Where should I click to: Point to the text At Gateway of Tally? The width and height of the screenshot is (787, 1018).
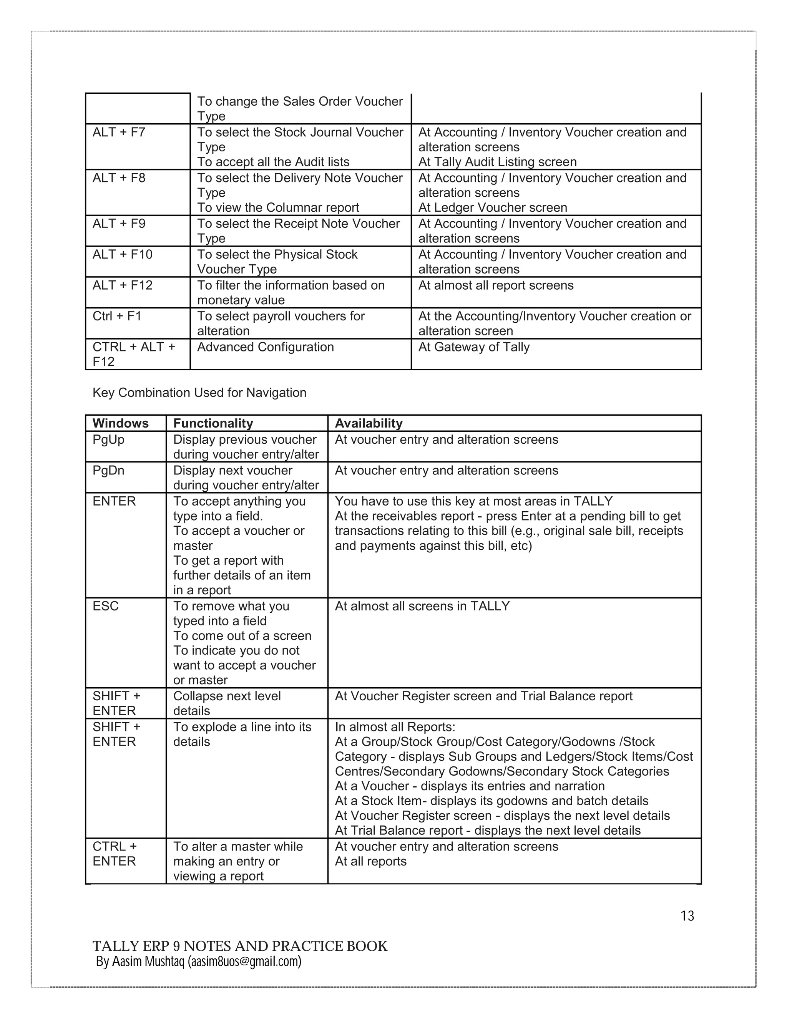point(474,347)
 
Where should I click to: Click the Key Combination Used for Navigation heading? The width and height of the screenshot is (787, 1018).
point(199,393)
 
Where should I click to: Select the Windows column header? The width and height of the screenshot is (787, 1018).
point(120,423)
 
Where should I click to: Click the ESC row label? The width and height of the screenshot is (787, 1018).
point(105,606)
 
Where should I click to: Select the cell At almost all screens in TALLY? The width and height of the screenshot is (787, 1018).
point(422,606)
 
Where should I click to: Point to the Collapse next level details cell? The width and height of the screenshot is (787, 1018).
point(227,703)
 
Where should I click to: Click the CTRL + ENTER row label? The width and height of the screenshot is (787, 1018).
point(115,854)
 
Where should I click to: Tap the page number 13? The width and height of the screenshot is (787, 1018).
point(687,916)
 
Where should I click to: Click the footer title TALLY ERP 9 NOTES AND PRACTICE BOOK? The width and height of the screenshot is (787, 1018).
point(240,946)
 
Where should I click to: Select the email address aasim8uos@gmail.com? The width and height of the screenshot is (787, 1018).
point(244,962)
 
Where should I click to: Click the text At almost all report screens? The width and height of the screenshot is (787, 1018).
point(496,285)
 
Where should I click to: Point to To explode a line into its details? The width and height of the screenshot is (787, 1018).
point(242,734)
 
